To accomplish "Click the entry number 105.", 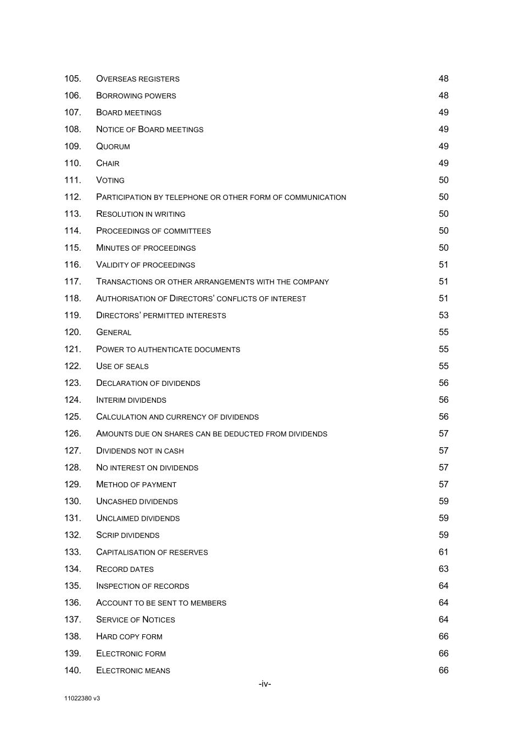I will pos(72,78).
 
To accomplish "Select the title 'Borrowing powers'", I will pos(136,95).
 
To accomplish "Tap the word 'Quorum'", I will pos(113,147).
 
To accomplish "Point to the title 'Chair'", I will pos(108,164).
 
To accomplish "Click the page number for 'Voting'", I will pos(443,180).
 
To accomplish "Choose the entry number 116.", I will pos(72,264).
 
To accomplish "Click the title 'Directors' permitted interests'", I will pos(161,316).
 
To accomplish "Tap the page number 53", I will pos(443,316).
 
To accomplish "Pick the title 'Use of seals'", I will pos(122,366).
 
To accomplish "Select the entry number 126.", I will pos(72,433).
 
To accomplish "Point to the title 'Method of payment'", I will pos(136,485).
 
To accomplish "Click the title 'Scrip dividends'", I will pos(128,535).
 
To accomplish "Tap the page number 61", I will pos(443,552).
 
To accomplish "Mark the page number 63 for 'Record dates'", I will pos(443,569).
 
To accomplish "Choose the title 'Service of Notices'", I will pos(136,620).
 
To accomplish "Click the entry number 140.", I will pos(72,670).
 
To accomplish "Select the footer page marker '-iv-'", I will pos(265,684).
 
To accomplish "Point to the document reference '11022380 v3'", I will pos(82,699).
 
